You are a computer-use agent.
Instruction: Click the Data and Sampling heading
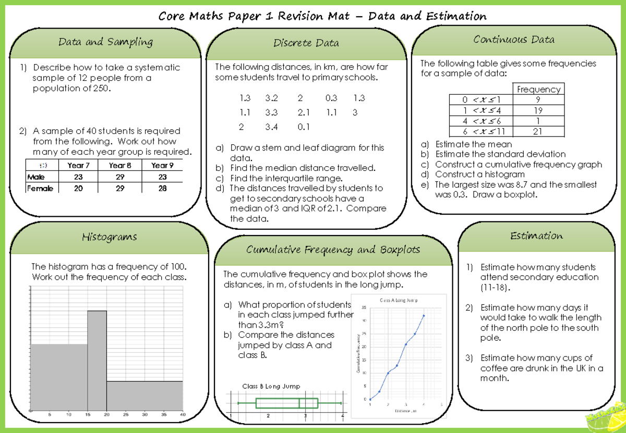(x=105, y=42)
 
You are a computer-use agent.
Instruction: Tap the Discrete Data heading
(x=306, y=43)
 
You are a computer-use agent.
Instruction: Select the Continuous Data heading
(x=514, y=40)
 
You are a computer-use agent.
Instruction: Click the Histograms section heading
(x=109, y=237)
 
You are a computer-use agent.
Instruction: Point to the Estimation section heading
(x=537, y=236)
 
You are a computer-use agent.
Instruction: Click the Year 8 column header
(x=120, y=165)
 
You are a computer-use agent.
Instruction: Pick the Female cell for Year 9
(x=162, y=189)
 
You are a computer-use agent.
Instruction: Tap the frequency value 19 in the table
(x=538, y=110)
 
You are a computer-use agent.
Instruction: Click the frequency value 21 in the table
(x=538, y=131)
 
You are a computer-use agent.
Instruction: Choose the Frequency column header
(x=538, y=89)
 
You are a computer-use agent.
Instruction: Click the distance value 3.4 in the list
(x=272, y=126)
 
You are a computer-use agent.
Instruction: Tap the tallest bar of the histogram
(x=97, y=360)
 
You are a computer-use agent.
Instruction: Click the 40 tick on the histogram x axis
(x=183, y=415)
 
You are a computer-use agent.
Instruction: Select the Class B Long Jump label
(x=271, y=386)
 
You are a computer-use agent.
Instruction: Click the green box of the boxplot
(x=286, y=403)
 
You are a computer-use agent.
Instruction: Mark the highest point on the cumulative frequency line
(x=424, y=315)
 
